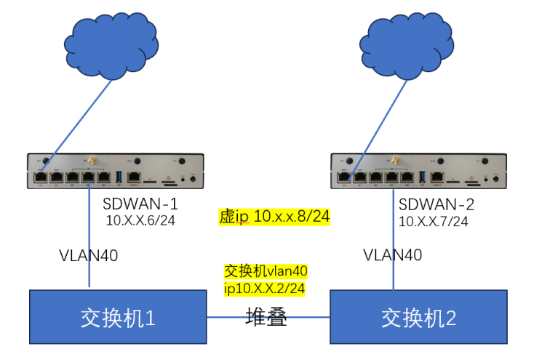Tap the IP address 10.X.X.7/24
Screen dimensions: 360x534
pos(434,220)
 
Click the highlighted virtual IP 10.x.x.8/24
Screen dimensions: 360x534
pos(275,217)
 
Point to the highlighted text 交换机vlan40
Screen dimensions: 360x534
pos(266,271)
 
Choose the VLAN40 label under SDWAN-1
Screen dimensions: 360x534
pos(89,255)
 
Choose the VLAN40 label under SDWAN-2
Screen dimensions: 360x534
pos(393,255)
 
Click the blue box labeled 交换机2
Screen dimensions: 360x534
pos(418,317)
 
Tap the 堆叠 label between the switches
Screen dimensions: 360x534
pos(266,317)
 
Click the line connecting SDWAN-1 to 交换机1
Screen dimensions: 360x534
pos(89,233)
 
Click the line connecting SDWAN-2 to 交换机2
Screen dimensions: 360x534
pos(394,233)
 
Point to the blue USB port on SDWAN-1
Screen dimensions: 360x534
pos(119,176)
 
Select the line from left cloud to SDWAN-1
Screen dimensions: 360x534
pos(76,124)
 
